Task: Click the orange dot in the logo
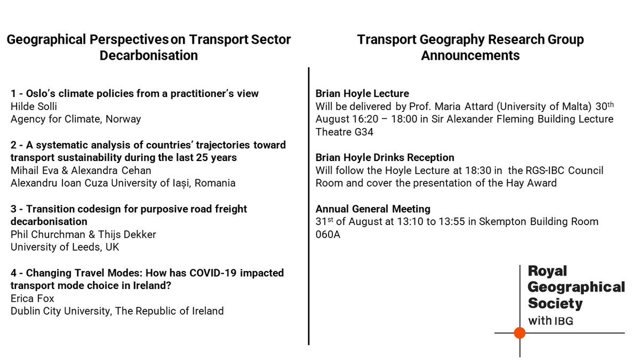(519, 333)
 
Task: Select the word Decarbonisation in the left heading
(149, 55)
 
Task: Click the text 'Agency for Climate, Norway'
(76, 119)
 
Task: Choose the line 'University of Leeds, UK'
(65, 247)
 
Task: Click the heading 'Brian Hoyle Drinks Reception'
(385, 157)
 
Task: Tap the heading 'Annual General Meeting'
(373, 209)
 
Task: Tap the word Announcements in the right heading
(470, 55)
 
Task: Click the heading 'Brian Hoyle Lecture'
(362, 93)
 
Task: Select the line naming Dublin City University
(117, 311)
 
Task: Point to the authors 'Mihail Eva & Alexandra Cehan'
(80, 170)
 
